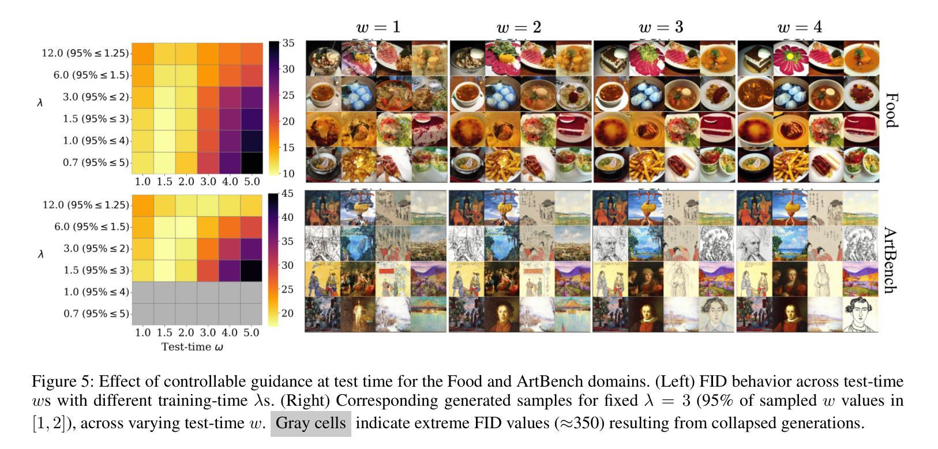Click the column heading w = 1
[378, 27]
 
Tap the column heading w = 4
[800, 27]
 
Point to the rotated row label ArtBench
[890, 260]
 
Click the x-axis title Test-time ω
[192, 347]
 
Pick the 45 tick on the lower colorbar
[287, 194]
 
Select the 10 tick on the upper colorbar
[287, 174]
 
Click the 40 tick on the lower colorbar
[287, 218]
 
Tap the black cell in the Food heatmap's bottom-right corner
[252, 163]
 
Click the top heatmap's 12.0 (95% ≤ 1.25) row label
[85, 53]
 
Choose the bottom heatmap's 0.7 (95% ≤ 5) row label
[96, 313]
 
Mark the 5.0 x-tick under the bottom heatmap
[252, 333]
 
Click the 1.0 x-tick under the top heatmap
[142, 182]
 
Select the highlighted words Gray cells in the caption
[310, 423]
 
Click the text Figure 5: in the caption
[62, 381]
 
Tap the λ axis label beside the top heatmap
[40, 103]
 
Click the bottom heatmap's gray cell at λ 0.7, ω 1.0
[142, 313]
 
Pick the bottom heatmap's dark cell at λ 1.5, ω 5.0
[252, 270]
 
